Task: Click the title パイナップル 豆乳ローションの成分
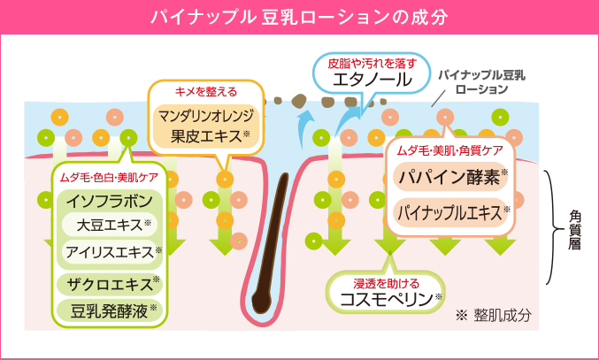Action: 298,17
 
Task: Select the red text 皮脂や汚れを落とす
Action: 372,63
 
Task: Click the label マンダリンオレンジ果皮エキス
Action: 206,126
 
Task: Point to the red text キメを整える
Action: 206,92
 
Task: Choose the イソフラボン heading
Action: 110,202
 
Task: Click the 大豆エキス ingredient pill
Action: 110,226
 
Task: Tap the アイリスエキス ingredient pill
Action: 110,252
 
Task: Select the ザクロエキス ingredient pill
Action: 110,284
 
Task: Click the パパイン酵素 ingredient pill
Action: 450,176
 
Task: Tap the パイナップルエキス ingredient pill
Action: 450,212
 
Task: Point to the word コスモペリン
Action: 386,299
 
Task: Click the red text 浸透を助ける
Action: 387,284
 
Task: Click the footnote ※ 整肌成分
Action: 494,316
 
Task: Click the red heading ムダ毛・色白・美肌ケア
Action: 109,178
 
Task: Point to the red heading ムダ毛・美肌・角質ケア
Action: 450,150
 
